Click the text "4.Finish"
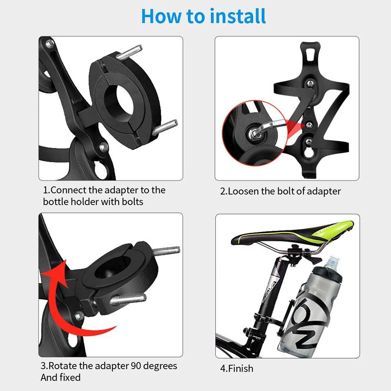(237, 369)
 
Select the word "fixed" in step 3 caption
(71, 378)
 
